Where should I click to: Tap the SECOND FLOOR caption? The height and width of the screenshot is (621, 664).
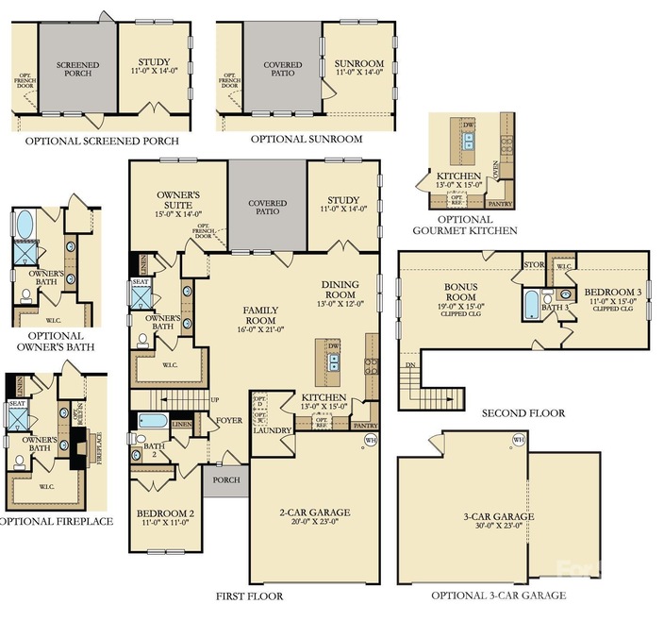point(523,413)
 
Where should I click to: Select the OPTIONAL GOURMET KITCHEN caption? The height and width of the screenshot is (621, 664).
point(465,224)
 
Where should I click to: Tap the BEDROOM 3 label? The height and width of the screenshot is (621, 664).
point(613,293)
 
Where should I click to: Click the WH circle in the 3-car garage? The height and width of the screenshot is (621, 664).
point(518,441)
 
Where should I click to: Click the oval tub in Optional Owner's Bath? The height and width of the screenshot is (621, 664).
point(25,224)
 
